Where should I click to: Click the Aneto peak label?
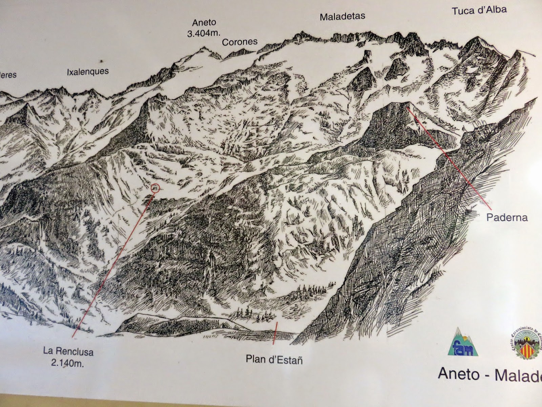pos(204,23)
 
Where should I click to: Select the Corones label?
pos(239,42)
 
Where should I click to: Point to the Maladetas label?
pos(342,16)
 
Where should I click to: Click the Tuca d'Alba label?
pos(479,10)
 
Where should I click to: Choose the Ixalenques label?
pos(88,72)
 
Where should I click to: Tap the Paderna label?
pos(507,217)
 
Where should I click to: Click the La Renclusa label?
pos(68,351)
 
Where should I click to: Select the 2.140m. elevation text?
pos(67,363)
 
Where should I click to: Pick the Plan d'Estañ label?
pos(274,359)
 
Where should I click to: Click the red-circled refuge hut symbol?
pos(155,187)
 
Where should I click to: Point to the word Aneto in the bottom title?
pos(458,373)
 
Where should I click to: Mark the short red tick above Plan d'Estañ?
pos(275,333)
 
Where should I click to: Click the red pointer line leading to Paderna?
pos(451,156)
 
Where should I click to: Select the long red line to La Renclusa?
pos(112,265)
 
